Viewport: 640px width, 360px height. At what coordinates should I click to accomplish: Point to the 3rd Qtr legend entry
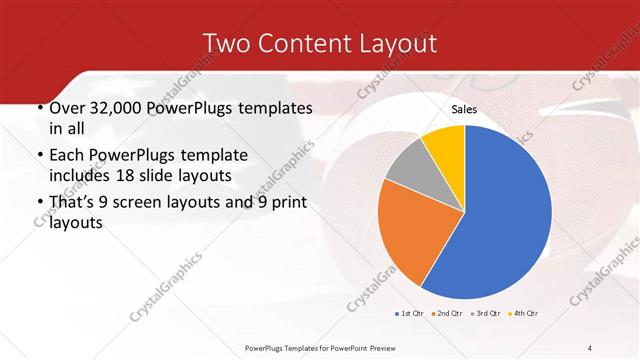click(x=486, y=315)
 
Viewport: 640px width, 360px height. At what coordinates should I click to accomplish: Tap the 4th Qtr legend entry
click(x=524, y=315)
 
